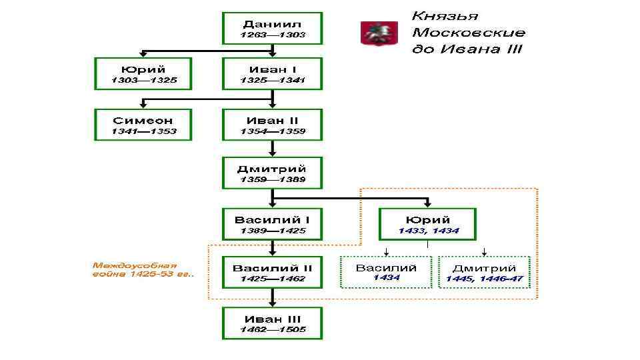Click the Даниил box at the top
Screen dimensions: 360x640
tap(272, 28)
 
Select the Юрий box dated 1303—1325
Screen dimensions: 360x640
tap(143, 73)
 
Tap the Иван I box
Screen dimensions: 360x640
tap(272, 73)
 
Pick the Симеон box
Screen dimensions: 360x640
tap(143, 124)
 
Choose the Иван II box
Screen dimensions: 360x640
tap(272, 124)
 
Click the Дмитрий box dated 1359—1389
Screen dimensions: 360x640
tap(272, 173)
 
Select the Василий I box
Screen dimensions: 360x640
tap(272, 224)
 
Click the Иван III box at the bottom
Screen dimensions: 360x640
tap(272, 323)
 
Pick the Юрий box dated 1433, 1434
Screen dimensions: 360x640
tap(428, 224)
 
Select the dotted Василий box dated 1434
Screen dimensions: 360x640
tap(386, 272)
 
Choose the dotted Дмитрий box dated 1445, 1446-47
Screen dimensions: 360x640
tap(485, 272)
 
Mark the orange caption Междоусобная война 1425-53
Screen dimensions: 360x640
tap(141, 270)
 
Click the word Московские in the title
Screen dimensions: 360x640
tap(468, 32)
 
